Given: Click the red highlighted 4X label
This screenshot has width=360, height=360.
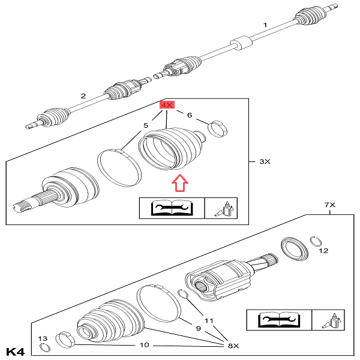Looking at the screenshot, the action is pos(167,105).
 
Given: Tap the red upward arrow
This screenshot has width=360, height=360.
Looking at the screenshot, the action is pos(180,183).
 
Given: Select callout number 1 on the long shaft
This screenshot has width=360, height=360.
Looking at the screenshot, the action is pos(265,25).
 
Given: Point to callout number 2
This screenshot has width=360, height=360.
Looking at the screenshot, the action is pos(83,96).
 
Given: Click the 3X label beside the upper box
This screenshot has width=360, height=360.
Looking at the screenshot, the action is pos(265,161).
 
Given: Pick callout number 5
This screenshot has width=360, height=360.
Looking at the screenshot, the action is pos(146,125).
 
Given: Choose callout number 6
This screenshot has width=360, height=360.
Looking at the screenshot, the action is pos(190,115).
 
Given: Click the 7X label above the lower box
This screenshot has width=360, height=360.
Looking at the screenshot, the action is pos(329,205).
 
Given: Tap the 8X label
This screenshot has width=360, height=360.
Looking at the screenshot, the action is pos(233,346).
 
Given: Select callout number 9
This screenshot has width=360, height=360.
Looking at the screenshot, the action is pos(199,329).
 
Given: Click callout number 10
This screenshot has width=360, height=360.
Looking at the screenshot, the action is pos(145,345).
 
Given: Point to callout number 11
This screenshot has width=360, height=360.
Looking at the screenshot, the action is pos(209,320).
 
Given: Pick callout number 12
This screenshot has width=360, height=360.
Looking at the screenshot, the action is pos(323,251).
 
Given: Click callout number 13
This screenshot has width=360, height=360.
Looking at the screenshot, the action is pos(43,338).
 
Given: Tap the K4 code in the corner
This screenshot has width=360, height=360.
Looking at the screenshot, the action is pos(15,352).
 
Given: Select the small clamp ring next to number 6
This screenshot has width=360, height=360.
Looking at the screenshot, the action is pos(217,129).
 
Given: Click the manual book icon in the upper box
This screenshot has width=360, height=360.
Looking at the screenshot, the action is pos(172,208).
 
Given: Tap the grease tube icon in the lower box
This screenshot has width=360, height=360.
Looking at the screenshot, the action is pos(331,320).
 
